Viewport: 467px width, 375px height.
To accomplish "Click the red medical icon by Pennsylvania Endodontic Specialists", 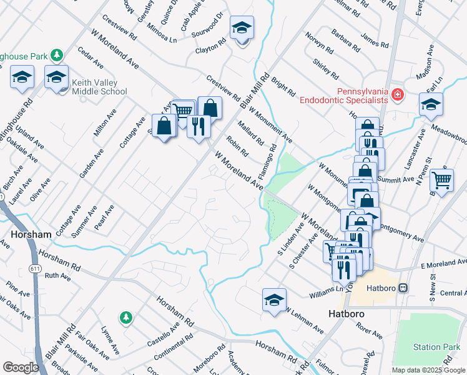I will coord(398,96).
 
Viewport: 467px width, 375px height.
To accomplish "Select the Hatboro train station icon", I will coord(404,287).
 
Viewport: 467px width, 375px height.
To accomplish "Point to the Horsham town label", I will coord(31,234).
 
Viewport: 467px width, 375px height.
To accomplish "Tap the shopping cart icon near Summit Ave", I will coord(441,181).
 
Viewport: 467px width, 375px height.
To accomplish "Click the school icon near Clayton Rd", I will coord(242,28).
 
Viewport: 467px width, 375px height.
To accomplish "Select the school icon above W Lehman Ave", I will coord(274,301).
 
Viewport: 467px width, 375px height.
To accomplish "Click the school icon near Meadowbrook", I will coord(431,105).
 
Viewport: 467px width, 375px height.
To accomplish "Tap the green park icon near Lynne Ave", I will coord(126,317).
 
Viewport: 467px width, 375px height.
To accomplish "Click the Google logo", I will coord(21,367).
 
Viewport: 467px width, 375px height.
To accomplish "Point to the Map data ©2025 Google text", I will coord(428,370).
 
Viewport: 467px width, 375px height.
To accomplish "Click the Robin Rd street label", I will coord(237,146).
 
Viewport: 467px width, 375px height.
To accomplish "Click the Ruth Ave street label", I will coord(58,275).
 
